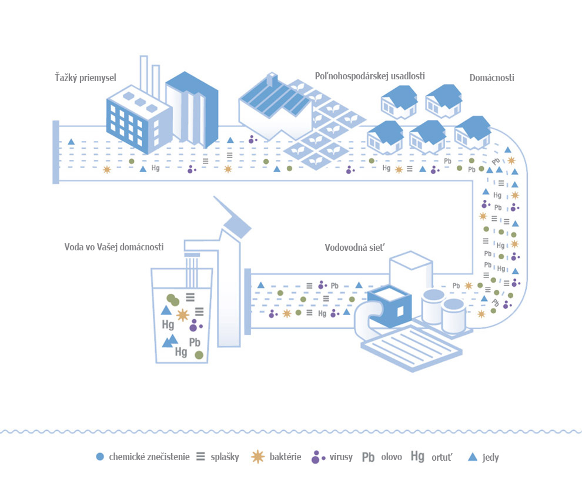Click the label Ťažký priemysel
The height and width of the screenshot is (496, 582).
pos(85,78)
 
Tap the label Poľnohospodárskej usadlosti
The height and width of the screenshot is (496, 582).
pos(370,76)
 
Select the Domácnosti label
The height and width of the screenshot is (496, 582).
pos(492,78)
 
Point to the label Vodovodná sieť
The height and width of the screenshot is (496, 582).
pos(354,247)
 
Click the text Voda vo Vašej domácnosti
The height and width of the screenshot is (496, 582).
pos(114,247)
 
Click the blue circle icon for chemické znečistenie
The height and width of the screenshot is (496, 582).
pos(100,457)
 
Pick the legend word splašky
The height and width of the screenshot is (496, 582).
pos(225,457)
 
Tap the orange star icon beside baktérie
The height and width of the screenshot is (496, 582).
pos(257,457)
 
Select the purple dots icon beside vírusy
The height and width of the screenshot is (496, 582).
pos(317,457)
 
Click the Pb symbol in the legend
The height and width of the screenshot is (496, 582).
pos(368,457)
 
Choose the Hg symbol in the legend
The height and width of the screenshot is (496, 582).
pos(417,456)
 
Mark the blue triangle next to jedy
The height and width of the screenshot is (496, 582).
pos(473,457)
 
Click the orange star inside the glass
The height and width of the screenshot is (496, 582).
pos(182,315)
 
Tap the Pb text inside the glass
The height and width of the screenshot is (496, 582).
pos(195,342)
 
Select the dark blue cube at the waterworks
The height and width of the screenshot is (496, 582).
pos(390,306)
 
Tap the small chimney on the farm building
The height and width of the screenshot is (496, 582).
pos(272,79)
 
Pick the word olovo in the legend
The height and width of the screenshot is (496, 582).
pos(392,457)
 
